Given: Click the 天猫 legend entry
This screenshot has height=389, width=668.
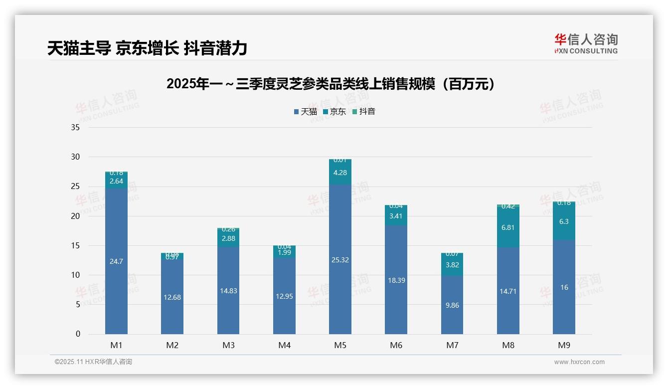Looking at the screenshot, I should pyautogui.click(x=306, y=112).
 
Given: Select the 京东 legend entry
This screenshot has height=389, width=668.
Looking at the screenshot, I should pyautogui.click(x=334, y=112).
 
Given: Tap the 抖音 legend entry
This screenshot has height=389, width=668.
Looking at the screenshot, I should pyautogui.click(x=364, y=112).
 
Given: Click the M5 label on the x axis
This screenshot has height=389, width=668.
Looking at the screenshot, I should pyautogui.click(x=340, y=345).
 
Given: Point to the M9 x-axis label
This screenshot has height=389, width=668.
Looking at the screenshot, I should pyautogui.click(x=564, y=345).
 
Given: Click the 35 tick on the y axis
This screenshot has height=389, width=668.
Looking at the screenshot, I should pyautogui.click(x=75, y=128).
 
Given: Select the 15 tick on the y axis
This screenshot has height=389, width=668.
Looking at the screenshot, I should pyautogui.click(x=75, y=246).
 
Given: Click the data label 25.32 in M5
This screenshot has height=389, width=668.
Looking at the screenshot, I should pyautogui.click(x=340, y=260).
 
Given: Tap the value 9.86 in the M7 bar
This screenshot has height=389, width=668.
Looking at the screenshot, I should pyautogui.click(x=452, y=305).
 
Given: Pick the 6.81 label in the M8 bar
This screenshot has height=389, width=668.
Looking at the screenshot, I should pyautogui.click(x=508, y=227).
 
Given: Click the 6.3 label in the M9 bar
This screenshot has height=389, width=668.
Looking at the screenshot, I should pyautogui.click(x=564, y=221).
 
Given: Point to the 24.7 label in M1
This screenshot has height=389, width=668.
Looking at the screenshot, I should pyautogui.click(x=116, y=261).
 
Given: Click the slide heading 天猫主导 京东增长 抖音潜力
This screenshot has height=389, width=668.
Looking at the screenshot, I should pyautogui.click(x=148, y=48).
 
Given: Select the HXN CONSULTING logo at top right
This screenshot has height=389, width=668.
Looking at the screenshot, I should pyautogui.click(x=586, y=44).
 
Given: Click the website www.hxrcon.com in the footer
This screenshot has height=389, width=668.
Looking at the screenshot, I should pyautogui.click(x=579, y=362).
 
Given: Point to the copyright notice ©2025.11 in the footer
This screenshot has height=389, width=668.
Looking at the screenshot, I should pyautogui.click(x=93, y=362).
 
